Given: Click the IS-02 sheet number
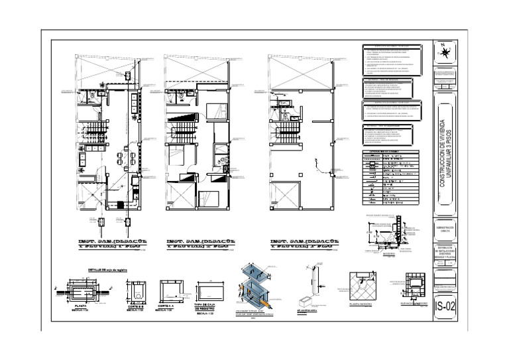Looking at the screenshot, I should [x=445, y=307].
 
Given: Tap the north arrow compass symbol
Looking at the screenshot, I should [x=445, y=52].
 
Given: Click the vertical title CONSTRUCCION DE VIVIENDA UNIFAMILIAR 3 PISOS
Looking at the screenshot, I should [x=445, y=154].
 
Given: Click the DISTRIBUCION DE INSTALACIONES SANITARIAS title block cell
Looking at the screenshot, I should [x=445, y=251].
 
